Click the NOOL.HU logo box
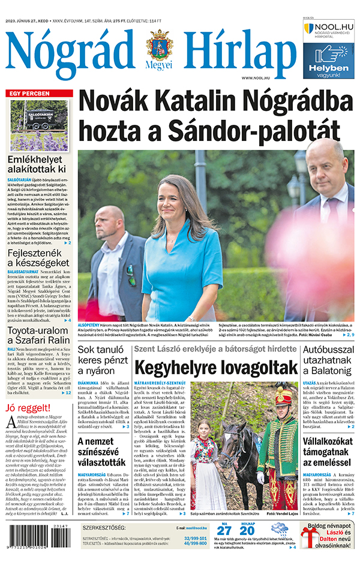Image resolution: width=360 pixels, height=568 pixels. pos(328,31)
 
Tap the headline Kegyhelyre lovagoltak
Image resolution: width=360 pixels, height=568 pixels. pos(216,367)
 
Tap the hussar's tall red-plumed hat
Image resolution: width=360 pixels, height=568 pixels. pos(282,399)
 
